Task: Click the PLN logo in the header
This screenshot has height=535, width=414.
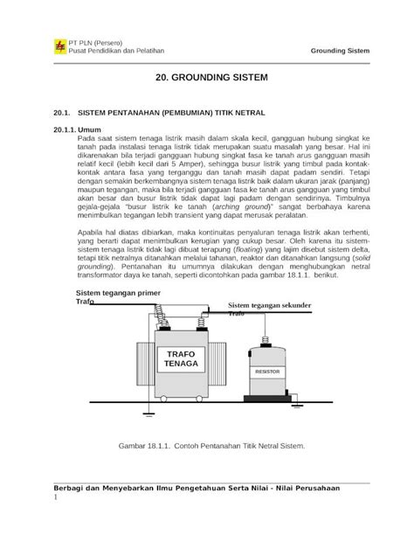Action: pyautogui.click(x=59, y=45)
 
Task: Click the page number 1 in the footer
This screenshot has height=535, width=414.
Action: pyautogui.click(x=56, y=499)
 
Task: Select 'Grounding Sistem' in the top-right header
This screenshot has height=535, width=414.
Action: pyautogui.click(x=340, y=51)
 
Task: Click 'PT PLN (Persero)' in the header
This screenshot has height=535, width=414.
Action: pyautogui.click(x=97, y=41)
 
